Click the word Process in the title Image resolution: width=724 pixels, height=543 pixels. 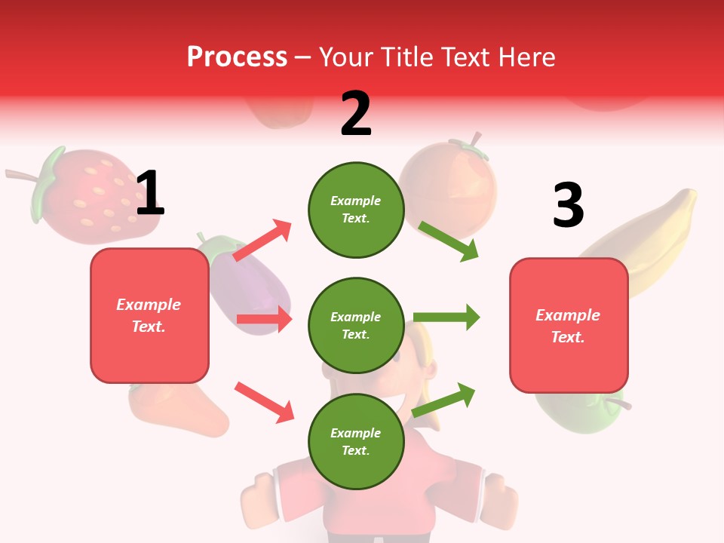pyautogui.click(x=237, y=57)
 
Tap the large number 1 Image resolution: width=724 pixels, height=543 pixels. pyautogui.click(x=150, y=194)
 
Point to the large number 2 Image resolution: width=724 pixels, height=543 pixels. pyautogui.click(x=356, y=114)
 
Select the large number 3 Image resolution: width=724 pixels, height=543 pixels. pyautogui.click(x=568, y=206)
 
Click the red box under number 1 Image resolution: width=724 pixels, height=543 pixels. pyautogui.click(x=149, y=315)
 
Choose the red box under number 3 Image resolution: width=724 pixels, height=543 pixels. pyautogui.click(x=569, y=326)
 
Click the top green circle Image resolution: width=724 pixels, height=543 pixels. pyautogui.click(x=356, y=210)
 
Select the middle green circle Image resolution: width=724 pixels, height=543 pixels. pyautogui.click(x=356, y=326)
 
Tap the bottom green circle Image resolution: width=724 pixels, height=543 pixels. pyautogui.click(x=356, y=442)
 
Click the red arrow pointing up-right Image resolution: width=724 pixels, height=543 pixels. pyautogui.click(x=262, y=241)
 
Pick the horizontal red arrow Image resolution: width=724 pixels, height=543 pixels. pyautogui.click(x=264, y=320)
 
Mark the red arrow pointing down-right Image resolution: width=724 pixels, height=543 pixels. pyautogui.click(x=264, y=402)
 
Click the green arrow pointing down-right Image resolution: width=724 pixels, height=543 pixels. pyautogui.click(x=449, y=241)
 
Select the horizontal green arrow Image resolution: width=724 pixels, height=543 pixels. pyautogui.click(x=446, y=317)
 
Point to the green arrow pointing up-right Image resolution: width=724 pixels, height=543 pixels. pyautogui.click(x=444, y=400)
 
